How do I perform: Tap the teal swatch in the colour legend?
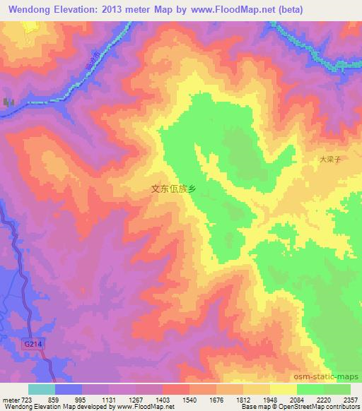pos(41,389)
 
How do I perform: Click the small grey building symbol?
pos(8,103)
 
